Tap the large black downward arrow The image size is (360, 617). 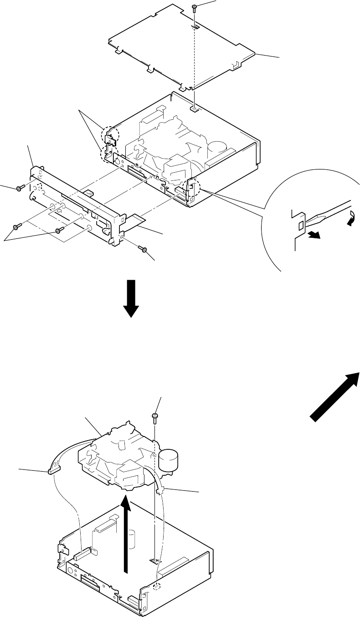pyautogui.click(x=131, y=298)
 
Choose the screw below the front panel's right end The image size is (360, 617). pyautogui.click(x=142, y=248)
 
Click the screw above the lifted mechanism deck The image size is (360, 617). pyautogui.click(x=155, y=416)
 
